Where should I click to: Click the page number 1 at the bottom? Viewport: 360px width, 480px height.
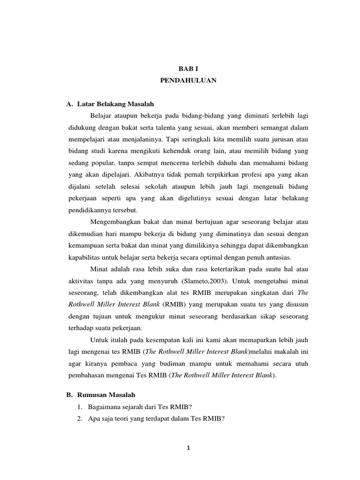pos(187,447)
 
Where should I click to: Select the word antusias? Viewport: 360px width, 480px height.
pos(278,258)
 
